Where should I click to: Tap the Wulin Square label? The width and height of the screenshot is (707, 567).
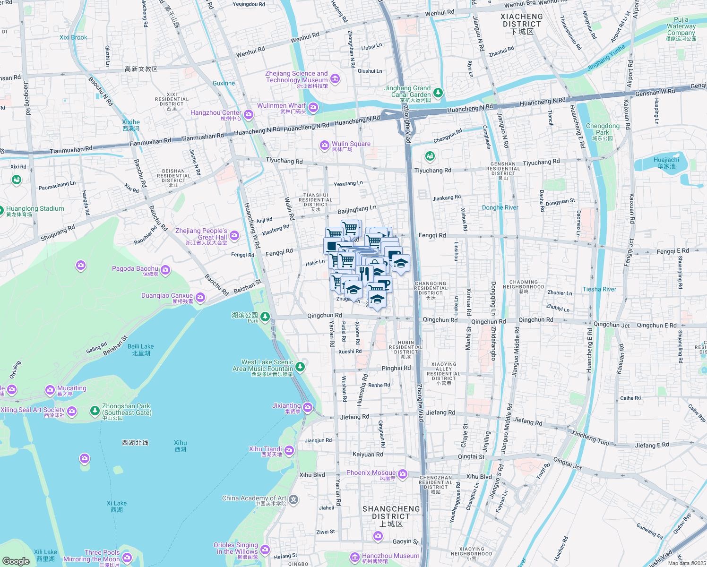point(351,144)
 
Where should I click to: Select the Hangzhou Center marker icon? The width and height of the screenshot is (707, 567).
point(249,114)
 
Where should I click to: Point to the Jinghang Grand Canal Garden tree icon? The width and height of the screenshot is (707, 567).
point(438,92)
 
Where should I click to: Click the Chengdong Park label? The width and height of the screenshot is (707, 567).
point(603,129)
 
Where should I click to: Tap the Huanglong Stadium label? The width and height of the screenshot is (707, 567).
point(35,209)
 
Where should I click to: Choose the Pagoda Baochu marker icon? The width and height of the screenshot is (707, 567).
point(165,270)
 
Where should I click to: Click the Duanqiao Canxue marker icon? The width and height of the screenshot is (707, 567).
point(200,297)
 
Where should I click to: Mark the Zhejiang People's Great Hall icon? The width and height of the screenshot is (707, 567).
point(234,235)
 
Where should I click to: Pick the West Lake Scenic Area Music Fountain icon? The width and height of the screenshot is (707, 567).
point(300,366)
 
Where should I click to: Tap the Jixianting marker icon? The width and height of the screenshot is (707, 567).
point(308,407)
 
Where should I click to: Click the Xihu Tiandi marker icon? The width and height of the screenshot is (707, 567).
point(289,450)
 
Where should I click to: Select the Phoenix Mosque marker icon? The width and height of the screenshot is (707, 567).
point(402,474)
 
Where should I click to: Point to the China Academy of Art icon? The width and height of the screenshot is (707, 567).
point(293,499)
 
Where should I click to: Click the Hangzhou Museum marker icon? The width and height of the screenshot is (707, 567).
point(355,557)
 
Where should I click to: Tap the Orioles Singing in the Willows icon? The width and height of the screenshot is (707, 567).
point(265,549)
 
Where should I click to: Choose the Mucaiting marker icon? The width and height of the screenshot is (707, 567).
point(50,390)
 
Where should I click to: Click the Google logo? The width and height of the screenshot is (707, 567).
point(16,561)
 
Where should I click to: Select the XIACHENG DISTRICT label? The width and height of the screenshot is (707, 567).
point(522,21)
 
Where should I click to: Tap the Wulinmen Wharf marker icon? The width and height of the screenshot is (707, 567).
point(313,108)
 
